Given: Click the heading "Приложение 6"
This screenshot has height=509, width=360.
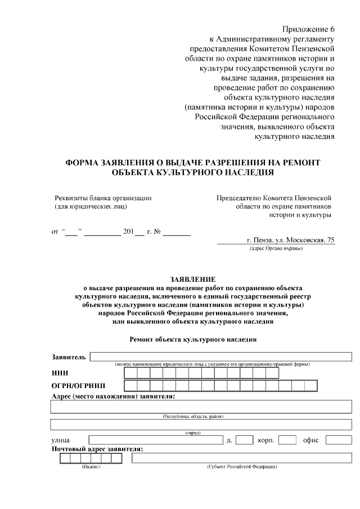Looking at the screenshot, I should [x=309, y=29].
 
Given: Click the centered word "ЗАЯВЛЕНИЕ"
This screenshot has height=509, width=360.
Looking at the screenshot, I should [x=193, y=279].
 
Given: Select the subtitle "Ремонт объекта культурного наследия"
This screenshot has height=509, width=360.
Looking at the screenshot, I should [x=193, y=340].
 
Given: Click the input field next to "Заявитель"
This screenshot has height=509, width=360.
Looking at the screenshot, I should [x=220, y=356].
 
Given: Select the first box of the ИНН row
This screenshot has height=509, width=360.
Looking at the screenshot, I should [x=130, y=372].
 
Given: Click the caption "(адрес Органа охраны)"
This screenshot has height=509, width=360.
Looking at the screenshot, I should [x=276, y=248].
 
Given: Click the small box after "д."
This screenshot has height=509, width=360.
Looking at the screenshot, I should [x=244, y=440].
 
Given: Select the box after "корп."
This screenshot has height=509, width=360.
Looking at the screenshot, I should [x=287, y=440].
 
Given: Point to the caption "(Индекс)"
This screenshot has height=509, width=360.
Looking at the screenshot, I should [x=91, y=467].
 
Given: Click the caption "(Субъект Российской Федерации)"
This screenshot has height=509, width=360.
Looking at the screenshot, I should [x=242, y=467].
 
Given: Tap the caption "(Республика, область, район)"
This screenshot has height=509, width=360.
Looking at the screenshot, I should [x=193, y=416].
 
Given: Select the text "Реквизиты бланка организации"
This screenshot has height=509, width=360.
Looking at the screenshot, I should [x=103, y=198].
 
